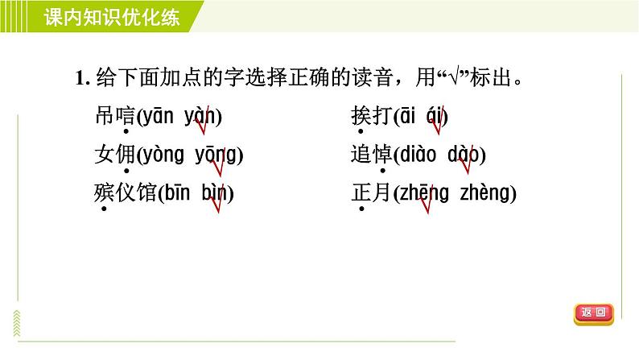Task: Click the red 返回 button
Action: click(595, 312)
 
